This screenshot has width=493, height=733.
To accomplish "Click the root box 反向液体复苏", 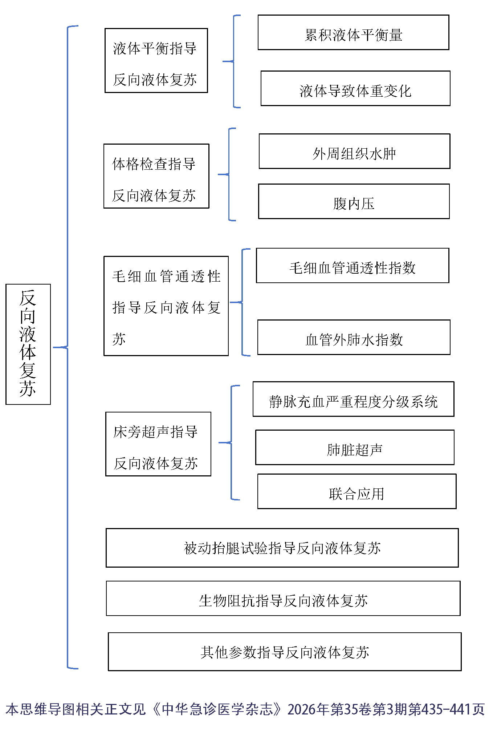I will (28, 344).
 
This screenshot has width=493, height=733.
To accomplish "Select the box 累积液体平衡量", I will (353, 33).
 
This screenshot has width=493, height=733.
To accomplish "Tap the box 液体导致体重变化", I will (355, 89).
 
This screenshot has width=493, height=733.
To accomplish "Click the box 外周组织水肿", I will (354, 152).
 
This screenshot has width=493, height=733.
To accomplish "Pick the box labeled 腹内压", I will (354, 202).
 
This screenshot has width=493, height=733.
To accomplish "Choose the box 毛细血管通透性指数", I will (353, 266).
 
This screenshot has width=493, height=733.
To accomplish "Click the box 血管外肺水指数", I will (354, 337).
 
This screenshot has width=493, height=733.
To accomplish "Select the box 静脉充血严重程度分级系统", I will (353, 399).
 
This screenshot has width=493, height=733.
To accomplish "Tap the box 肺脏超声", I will (355, 447).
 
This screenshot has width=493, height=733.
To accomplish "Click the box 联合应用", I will (356, 491).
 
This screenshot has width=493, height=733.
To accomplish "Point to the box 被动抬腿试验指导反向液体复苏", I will (282, 548).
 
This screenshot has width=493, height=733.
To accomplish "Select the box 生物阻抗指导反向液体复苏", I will (283, 598).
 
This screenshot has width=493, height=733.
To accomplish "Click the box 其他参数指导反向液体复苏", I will (285, 652).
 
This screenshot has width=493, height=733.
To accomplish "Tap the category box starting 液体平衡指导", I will (156, 61).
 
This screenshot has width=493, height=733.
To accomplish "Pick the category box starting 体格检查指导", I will (156, 176).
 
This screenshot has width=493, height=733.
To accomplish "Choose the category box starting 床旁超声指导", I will (158, 444).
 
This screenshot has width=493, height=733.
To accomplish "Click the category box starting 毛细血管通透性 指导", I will (166, 306).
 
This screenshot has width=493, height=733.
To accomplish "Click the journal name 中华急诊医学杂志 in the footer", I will (217, 709).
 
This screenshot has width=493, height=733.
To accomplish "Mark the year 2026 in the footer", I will (301, 709).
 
